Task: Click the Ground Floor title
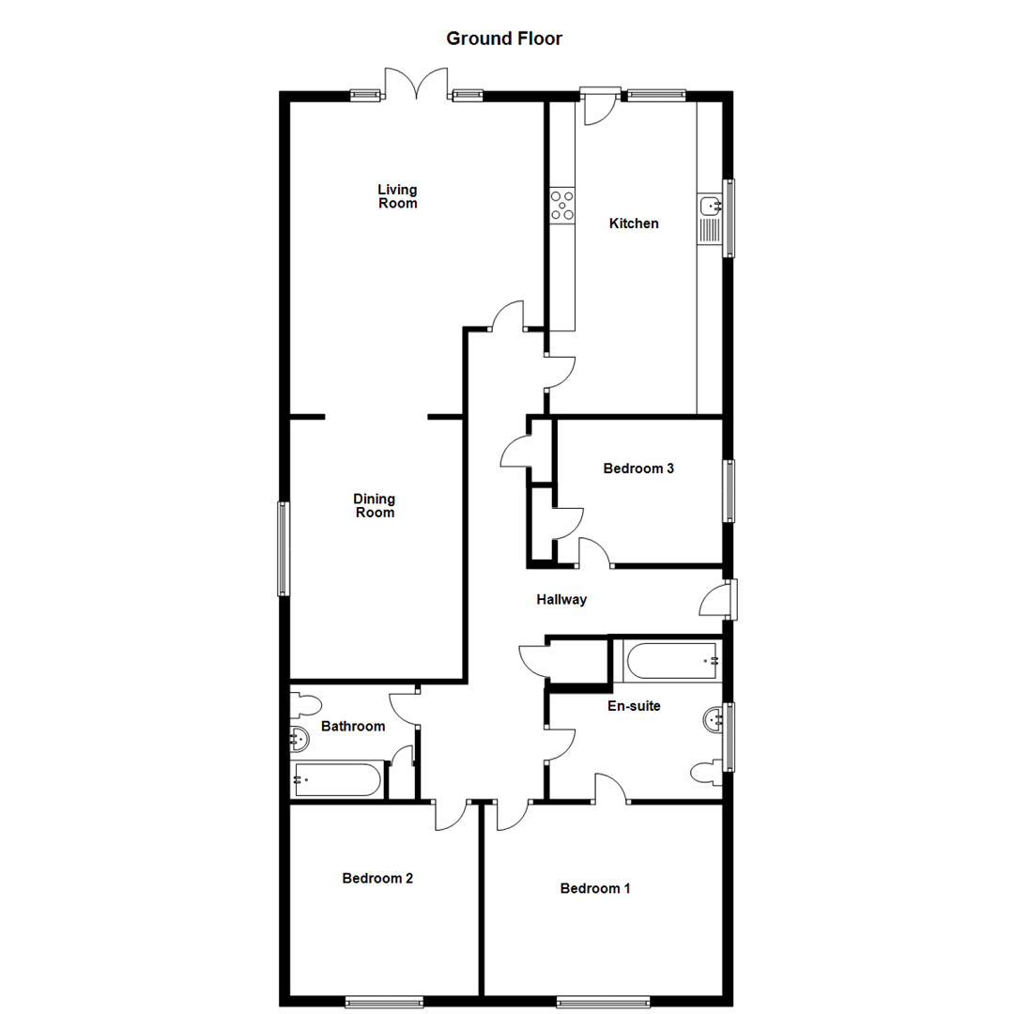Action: click(x=504, y=38)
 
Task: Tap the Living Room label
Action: click(x=397, y=196)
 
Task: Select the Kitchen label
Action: click(x=634, y=223)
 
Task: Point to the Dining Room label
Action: click(x=374, y=505)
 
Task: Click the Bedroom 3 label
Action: click(x=638, y=469)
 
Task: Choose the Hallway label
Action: click(x=561, y=599)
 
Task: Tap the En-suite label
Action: click(x=634, y=706)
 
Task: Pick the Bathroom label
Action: click(x=353, y=726)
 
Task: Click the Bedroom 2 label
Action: click(x=377, y=879)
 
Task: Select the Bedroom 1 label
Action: click(x=595, y=888)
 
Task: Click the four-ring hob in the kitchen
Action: click(x=562, y=206)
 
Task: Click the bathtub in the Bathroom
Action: click(x=337, y=779)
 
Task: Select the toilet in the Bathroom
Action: click(x=306, y=704)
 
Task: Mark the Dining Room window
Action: click(x=284, y=548)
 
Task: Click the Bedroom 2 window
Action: click(x=383, y=1002)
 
